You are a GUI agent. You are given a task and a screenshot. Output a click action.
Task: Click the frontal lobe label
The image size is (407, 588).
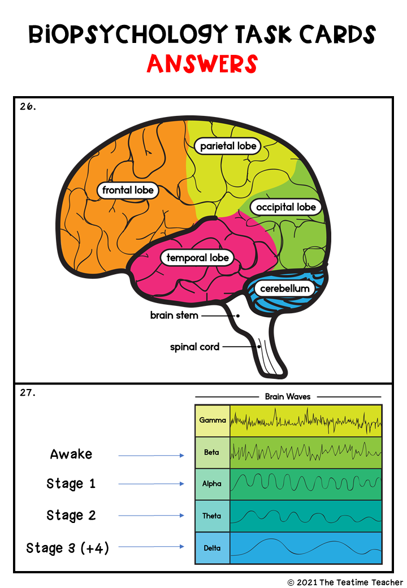[128, 191]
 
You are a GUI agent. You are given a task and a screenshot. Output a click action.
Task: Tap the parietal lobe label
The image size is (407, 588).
[228, 146]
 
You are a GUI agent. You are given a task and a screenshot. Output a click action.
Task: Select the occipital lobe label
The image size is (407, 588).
[285, 207]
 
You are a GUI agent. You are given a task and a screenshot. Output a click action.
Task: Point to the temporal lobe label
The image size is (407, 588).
[197, 258]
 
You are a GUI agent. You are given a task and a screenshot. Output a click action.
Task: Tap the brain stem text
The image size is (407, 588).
[174, 315]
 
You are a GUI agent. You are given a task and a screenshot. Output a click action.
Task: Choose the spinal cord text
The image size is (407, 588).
[194, 347]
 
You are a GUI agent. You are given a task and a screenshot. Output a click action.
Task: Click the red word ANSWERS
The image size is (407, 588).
[202, 64]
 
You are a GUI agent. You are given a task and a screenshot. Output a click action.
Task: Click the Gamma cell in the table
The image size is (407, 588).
[213, 421]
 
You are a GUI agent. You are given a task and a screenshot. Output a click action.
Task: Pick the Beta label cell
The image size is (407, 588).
[212, 452]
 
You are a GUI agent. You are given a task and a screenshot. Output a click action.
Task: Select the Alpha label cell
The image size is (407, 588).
[212, 484]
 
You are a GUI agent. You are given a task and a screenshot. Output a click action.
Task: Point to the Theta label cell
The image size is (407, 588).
[212, 516]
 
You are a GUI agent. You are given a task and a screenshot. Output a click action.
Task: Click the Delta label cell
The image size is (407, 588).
[212, 548]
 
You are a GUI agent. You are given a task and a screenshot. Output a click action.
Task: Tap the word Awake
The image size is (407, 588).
[71, 454]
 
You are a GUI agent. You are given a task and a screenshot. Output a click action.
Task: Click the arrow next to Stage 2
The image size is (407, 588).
[151, 515]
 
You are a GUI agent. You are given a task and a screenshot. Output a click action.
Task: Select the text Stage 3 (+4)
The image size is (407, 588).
[68, 548]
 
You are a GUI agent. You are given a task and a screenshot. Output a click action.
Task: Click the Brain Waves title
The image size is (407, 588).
[288, 397]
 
